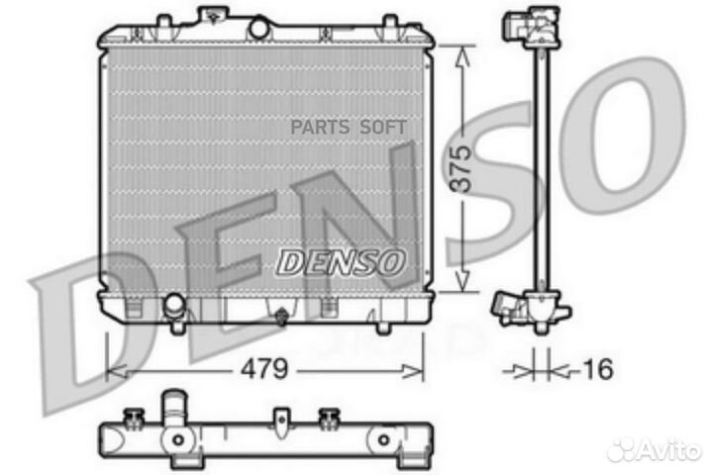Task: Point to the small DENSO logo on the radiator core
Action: click(x=340, y=261)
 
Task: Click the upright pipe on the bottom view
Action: click(x=175, y=408)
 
